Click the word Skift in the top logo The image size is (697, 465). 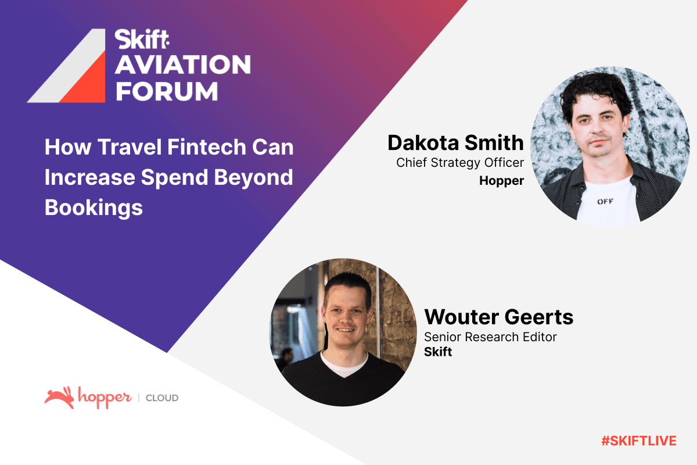142,40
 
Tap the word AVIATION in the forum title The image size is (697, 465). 183,65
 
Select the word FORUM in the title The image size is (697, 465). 167,91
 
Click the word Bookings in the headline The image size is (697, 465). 94,208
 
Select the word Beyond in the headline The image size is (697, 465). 254,177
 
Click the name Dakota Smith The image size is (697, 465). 455,143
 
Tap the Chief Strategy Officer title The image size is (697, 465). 460,163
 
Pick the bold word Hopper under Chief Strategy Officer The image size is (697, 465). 502,181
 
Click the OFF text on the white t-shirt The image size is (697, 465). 605,202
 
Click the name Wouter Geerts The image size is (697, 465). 499,317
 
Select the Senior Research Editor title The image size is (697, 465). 490,337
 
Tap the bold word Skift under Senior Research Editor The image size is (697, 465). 438,352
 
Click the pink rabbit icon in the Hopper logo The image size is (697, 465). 59,398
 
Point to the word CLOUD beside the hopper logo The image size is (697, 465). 162,398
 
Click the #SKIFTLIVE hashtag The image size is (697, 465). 639,441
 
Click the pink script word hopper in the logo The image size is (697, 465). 105,398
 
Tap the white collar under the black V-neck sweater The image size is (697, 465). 344,364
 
